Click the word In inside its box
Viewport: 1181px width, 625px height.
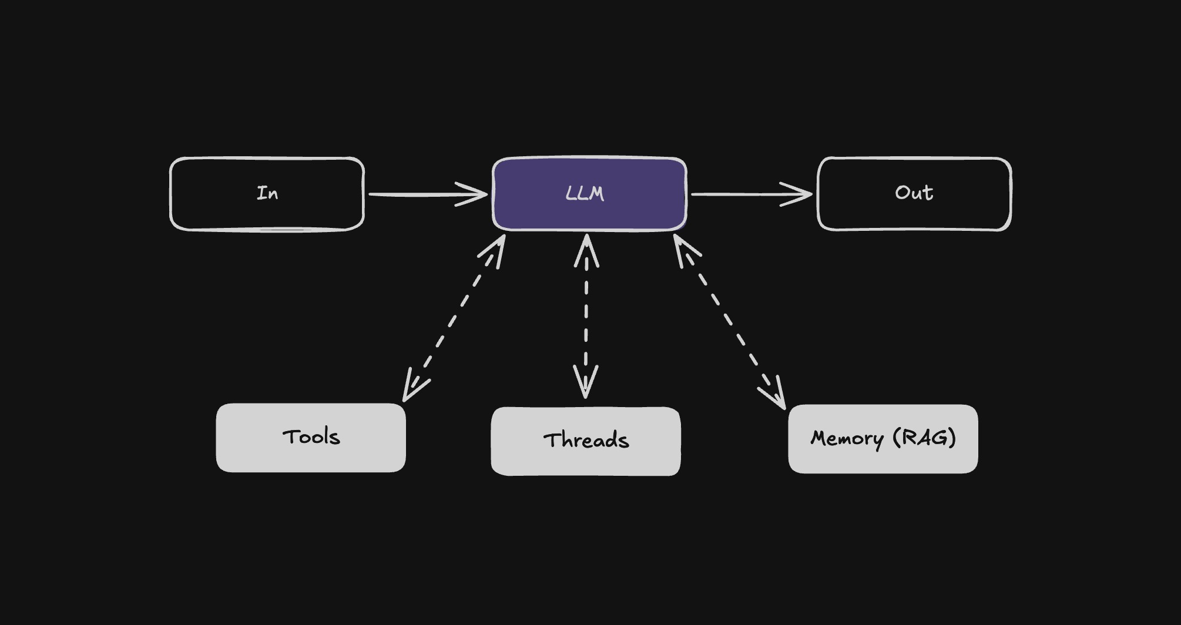click(267, 193)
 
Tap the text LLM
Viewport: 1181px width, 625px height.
click(585, 194)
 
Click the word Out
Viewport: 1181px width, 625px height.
click(914, 193)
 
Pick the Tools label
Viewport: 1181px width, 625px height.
click(311, 437)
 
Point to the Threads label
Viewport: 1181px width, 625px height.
click(586, 441)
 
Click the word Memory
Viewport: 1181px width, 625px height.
click(847, 438)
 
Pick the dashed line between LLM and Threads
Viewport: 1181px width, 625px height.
click(586, 317)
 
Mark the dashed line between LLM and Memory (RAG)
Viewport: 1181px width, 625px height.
click(729, 320)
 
